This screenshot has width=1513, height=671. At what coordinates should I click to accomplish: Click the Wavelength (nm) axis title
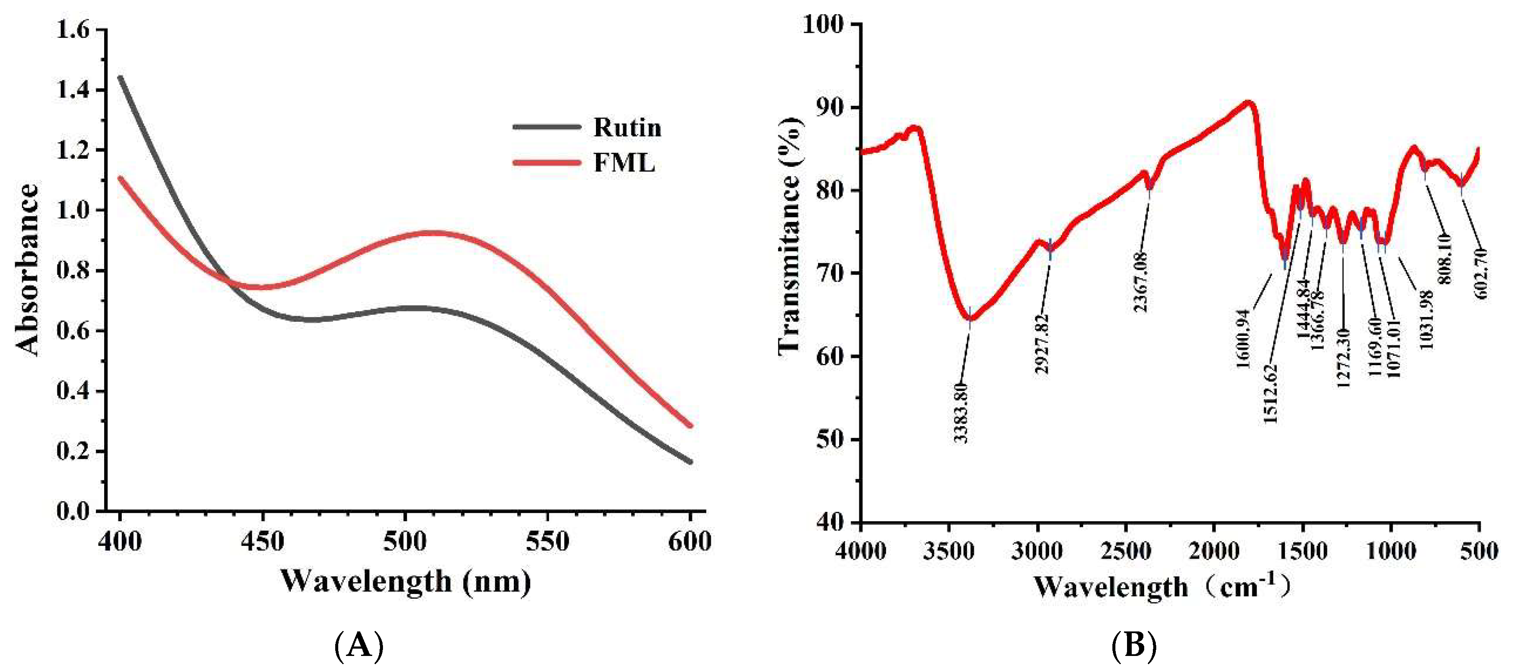[405, 581]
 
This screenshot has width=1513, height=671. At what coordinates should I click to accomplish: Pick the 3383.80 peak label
[960, 412]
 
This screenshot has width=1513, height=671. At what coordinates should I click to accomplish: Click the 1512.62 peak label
[1270, 393]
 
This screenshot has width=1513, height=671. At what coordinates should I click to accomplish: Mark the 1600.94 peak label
[1244, 339]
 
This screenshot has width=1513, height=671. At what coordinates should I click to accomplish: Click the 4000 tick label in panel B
[861, 551]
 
